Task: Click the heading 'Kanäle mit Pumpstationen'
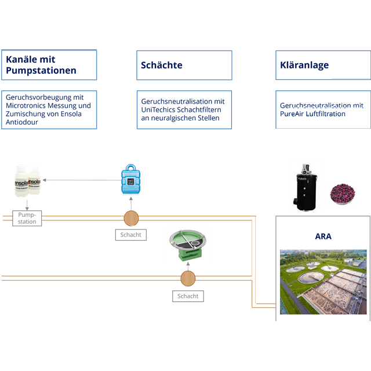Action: pyautogui.click(x=41, y=64)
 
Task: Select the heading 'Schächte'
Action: pyautogui.click(x=162, y=65)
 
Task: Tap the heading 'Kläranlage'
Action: pyautogui.click(x=304, y=65)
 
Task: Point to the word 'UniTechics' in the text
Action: pyautogui.click(x=159, y=110)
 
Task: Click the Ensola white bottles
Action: pyautogui.click(x=27, y=180)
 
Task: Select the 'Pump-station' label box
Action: pyautogui.click(x=27, y=218)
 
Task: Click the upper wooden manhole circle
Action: pyautogui.click(x=132, y=218)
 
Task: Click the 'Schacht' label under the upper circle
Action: pyautogui.click(x=130, y=235)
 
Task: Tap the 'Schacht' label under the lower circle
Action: pyautogui.click(x=188, y=296)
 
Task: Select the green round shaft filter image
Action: pyautogui.click(x=187, y=244)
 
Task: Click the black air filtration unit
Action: pyautogui.click(x=306, y=187)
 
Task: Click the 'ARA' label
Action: pyautogui.click(x=323, y=237)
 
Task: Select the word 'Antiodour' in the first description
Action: pyautogui.click(x=21, y=122)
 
